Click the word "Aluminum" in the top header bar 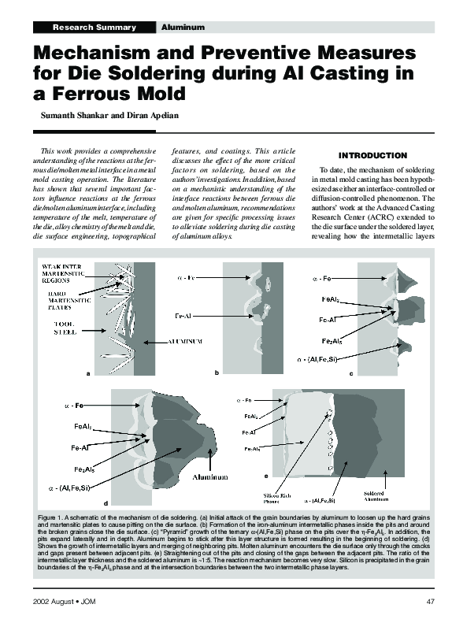pyautogui.click(x=183, y=28)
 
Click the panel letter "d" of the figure pyautogui.click(x=106, y=502)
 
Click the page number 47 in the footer pyautogui.click(x=430, y=602)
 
